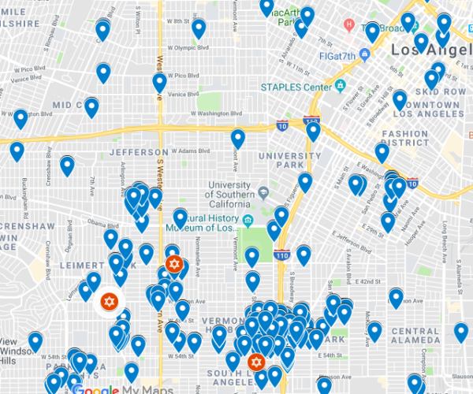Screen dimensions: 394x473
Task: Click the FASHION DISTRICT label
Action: click(405, 139)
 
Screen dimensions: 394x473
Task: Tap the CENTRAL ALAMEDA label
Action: click(414, 336)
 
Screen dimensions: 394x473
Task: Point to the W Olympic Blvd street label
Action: click(176, 46)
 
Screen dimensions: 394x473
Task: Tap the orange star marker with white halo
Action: click(109, 301)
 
